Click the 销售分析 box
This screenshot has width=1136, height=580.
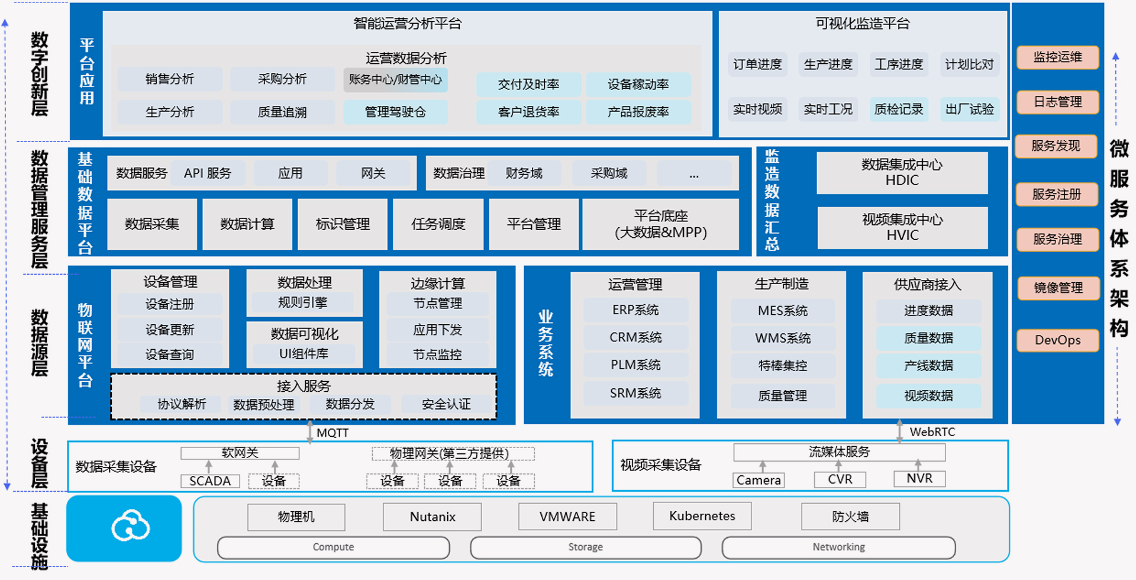point(170,79)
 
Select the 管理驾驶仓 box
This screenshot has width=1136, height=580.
point(395,112)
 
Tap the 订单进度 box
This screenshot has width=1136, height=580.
point(757,65)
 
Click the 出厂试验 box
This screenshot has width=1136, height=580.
point(969,109)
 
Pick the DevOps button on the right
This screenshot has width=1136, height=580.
point(1057,340)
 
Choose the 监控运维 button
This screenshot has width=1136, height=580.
point(1057,57)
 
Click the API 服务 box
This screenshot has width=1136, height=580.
point(208,173)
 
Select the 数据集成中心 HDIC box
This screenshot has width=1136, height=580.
point(902,173)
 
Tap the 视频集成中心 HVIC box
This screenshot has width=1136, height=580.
point(902,227)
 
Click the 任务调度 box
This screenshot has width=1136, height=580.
point(438,224)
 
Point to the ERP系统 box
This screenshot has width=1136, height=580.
point(635,310)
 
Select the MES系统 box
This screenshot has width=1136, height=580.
point(782,311)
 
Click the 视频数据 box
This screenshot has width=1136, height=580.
point(928,395)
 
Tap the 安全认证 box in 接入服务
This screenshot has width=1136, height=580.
point(446,404)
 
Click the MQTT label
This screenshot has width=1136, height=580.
point(333,433)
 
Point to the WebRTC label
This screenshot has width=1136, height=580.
point(932,432)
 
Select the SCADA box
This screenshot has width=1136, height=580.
point(210,481)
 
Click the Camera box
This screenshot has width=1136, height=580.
point(759,480)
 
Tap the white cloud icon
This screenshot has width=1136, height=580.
point(130,526)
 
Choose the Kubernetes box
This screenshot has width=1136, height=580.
point(702,516)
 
